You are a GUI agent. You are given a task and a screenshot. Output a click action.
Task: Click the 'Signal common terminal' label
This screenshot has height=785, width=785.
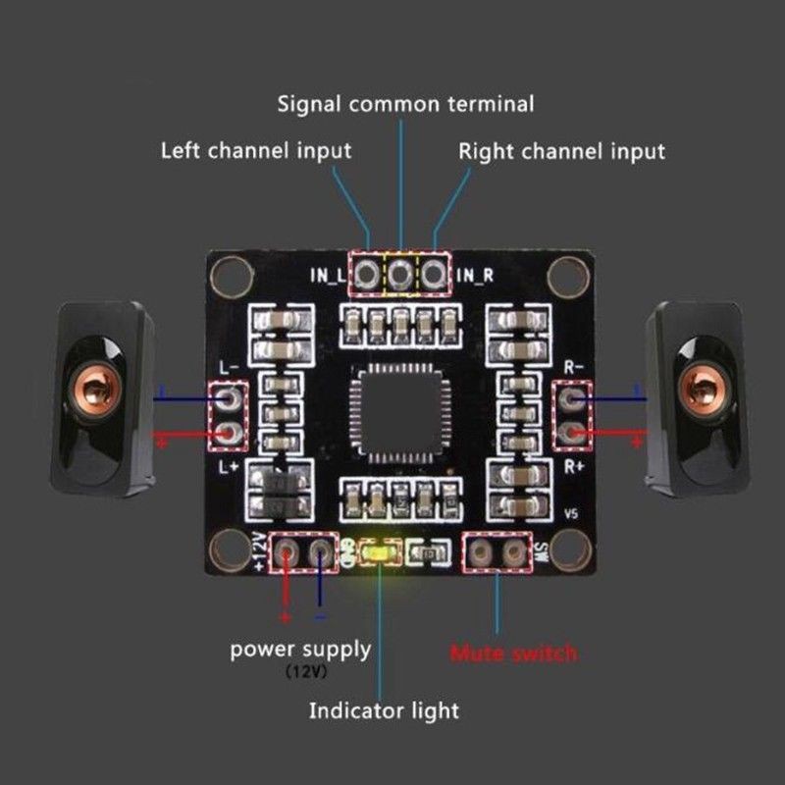click(x=405, y=103)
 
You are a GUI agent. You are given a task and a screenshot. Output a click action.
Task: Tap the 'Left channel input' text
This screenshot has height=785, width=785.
click(x=255, y=151)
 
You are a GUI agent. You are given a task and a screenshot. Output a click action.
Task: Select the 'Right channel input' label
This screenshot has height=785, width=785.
click(x=561, y=151)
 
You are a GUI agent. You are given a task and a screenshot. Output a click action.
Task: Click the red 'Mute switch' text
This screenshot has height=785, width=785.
click(x=514, y=653)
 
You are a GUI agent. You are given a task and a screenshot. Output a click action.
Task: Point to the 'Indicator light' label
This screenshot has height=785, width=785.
click(x=384, y=709)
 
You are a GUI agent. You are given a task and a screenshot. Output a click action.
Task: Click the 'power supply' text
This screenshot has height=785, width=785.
click(x=300, y=649)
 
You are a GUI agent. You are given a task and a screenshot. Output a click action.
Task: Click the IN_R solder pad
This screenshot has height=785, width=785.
click(x=433, y=276)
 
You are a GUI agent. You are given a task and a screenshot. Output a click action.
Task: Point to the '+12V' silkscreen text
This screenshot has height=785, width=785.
click(x=260, y=552)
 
